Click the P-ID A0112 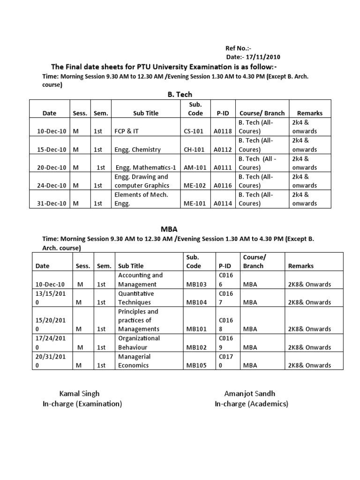pyautogui.click(x=223, y=150)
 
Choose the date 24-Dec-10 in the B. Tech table pyautogui.click(x=51, y=185)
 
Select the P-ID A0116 pyautogui.click(x=223, y=185)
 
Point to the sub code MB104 pyautogui.click(x=196, y=302)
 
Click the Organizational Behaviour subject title pyautogui.click(x=139, y=343)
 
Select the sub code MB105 pyautogui.click(x=196, y=365)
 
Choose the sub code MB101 pyautogui.click(x=196, y=329)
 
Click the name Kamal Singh pyautogui.click(x=79, y=393)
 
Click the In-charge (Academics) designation pyautogui.click(x=251, y=404)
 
